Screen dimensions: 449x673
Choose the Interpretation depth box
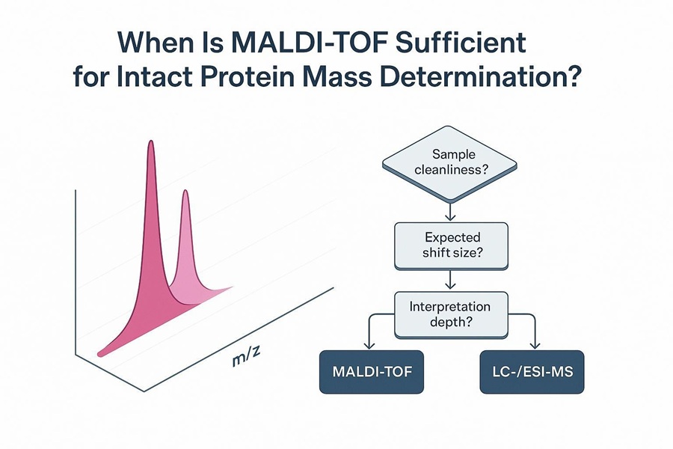pyautogui.click(x=451, y=314)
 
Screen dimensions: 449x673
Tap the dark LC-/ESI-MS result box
pyautogui.click(x=532, y=371)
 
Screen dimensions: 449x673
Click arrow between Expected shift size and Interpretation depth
pyautogui.click(x=449, y=281)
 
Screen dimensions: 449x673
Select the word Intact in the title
pyautogui.click(x=170, y=78)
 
